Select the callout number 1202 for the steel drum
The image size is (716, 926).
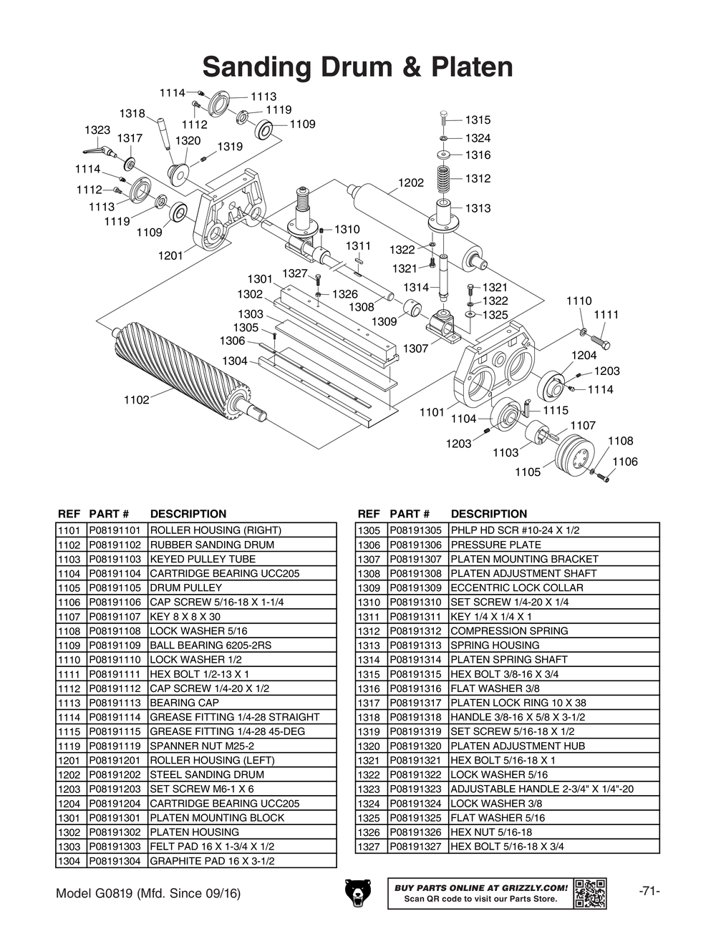[x=411, y=183]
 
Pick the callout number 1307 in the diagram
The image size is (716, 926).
[x=415, y=349]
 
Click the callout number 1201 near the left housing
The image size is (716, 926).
[x=170, y=255]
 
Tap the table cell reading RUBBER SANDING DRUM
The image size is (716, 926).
[x=212, y=545]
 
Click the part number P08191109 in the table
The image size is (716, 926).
[x=117, y=645]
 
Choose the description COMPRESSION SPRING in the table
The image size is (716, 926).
[x=509, y=630]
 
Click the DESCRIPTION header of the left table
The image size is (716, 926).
[x=188, y=514]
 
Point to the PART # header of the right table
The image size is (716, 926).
[x=409, y=514]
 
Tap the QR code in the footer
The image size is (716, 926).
[x=590, y=893]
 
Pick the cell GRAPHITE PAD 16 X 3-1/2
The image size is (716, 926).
[x=212, y=861]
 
